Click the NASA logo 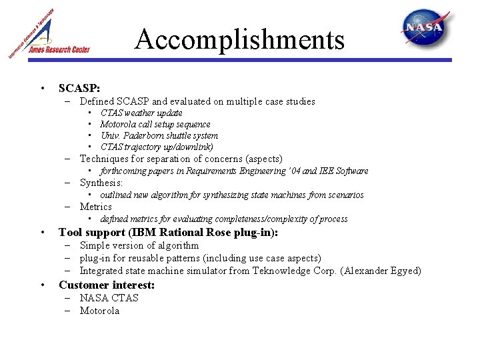pos(430,28)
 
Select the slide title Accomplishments pos(239,39)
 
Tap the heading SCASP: pos(79,88)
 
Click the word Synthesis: pos(101,183)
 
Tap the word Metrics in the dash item pos(96,207)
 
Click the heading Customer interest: pos(107,285)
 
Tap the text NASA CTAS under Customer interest pos(109,297)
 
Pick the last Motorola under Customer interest pos(99,311)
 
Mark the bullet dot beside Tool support pos(43,233)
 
